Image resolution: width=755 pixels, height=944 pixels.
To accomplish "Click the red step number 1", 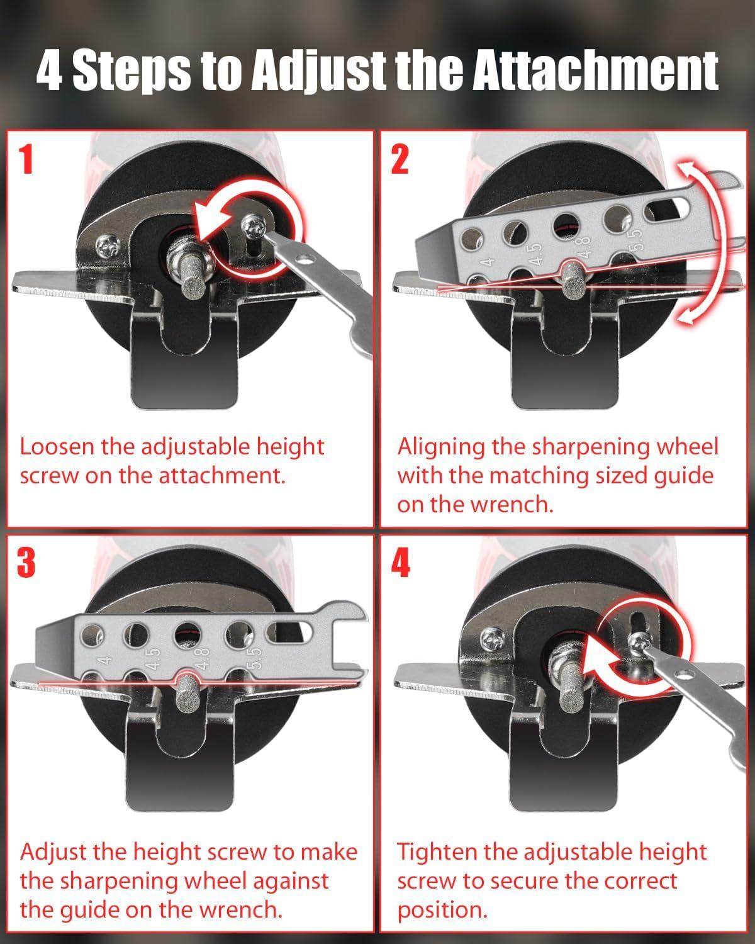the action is [27, 159].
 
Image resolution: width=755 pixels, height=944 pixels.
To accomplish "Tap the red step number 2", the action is [400, 159].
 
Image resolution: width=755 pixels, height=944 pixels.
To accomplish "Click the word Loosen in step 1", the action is [57, 447].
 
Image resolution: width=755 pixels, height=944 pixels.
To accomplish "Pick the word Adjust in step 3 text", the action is [53, 852].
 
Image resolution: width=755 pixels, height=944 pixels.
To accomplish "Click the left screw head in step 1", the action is [108, 247].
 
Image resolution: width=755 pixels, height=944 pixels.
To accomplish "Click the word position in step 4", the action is [442, 911].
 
